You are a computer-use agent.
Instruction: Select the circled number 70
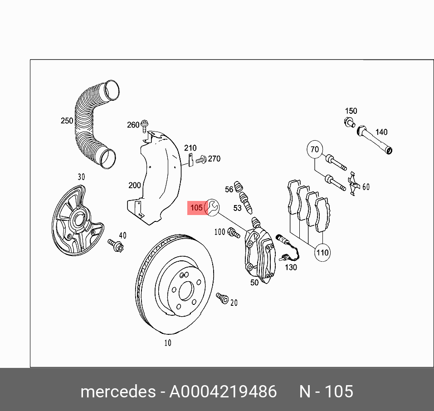pyautogui.click(x=315, y=149)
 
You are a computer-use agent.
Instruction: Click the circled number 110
pyautogui.click(x=322, y=253)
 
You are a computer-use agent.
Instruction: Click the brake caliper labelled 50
pyautogui.click(x=260, y=254)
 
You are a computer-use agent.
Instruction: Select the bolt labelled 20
pyautogui.click(x=222, y=298)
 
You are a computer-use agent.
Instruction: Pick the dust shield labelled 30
pyautogui.click(x=75, y=218)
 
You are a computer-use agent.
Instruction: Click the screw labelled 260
pyautogui.click(x=145, y=124)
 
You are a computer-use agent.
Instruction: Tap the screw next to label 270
pyautogui.click(x=201, y=159)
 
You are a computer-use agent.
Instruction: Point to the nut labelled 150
pyautogui.click(x=348, y=122)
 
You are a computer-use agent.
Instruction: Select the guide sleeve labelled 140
pyautogui.click(x=376, y=140)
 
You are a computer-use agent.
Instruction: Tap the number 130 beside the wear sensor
pyautogui.click(x=290, y=267)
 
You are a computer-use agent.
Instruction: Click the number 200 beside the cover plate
pyautogui.click(x=134, y=185)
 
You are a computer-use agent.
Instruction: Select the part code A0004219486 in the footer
pyautogui.click(x=223, y=391)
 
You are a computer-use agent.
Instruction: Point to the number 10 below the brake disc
pyautogui.click(x=168, y=343)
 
